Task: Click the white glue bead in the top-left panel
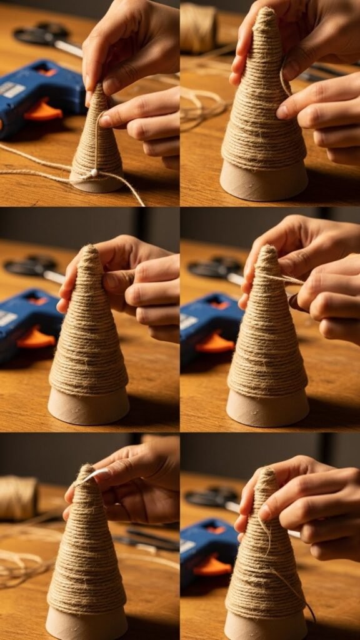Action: [94, 172]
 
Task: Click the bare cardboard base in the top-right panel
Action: [264, 181]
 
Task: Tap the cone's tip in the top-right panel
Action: [267, 12]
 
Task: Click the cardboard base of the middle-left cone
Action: [89, 406]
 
